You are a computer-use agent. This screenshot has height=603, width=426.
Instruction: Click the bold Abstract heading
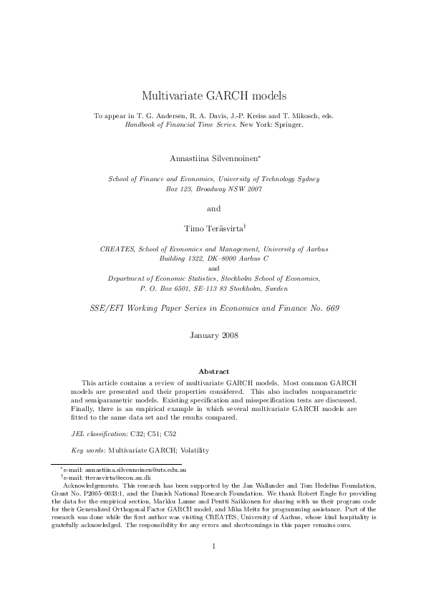213,371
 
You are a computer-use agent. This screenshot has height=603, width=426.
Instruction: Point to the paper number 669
329,307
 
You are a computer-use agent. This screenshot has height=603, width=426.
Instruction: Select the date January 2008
213,334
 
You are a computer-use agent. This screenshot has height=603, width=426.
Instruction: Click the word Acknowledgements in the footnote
90,485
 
